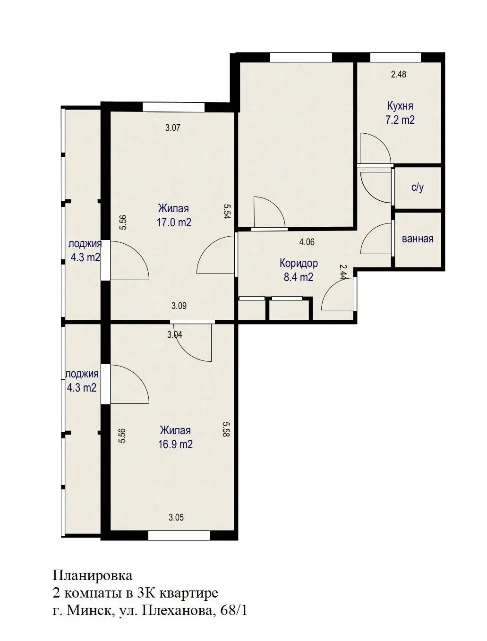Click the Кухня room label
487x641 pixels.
400,106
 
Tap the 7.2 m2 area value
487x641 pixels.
400,120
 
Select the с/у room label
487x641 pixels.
418,188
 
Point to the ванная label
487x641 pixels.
418,239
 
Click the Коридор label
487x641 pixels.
299,263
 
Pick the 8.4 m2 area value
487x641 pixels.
299,277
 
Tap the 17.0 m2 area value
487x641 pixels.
174,222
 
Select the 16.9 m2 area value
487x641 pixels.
175,444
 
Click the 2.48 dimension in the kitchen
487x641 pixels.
399,74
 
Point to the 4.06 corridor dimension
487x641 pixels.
307,242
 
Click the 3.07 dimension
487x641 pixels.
173,127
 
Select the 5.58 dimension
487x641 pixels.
226,429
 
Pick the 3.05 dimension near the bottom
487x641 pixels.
176,518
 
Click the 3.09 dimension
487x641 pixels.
179,306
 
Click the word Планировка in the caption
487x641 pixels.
93,576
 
